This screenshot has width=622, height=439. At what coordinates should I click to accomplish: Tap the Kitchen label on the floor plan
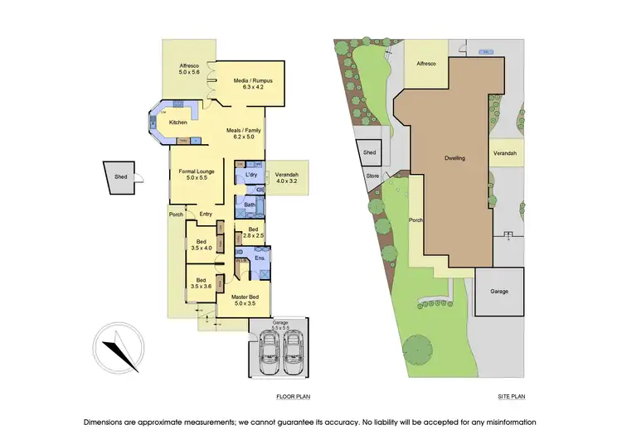coord(178,123)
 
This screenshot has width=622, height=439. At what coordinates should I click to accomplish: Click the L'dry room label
coord(250,176)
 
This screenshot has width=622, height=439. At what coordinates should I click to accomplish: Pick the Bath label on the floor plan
coord(249,204)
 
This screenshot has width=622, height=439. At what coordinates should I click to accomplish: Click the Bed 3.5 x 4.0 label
coord(202,244)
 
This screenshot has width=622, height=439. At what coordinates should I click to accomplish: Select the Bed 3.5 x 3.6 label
coord(202,282)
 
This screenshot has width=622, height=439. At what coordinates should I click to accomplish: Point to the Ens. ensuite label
coord(259,258)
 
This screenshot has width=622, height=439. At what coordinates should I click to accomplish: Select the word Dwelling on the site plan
coord(454,157)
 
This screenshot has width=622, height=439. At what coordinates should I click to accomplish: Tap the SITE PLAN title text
coord(512,398)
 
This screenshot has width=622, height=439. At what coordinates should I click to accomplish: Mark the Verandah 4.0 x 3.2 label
coord(286,176)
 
